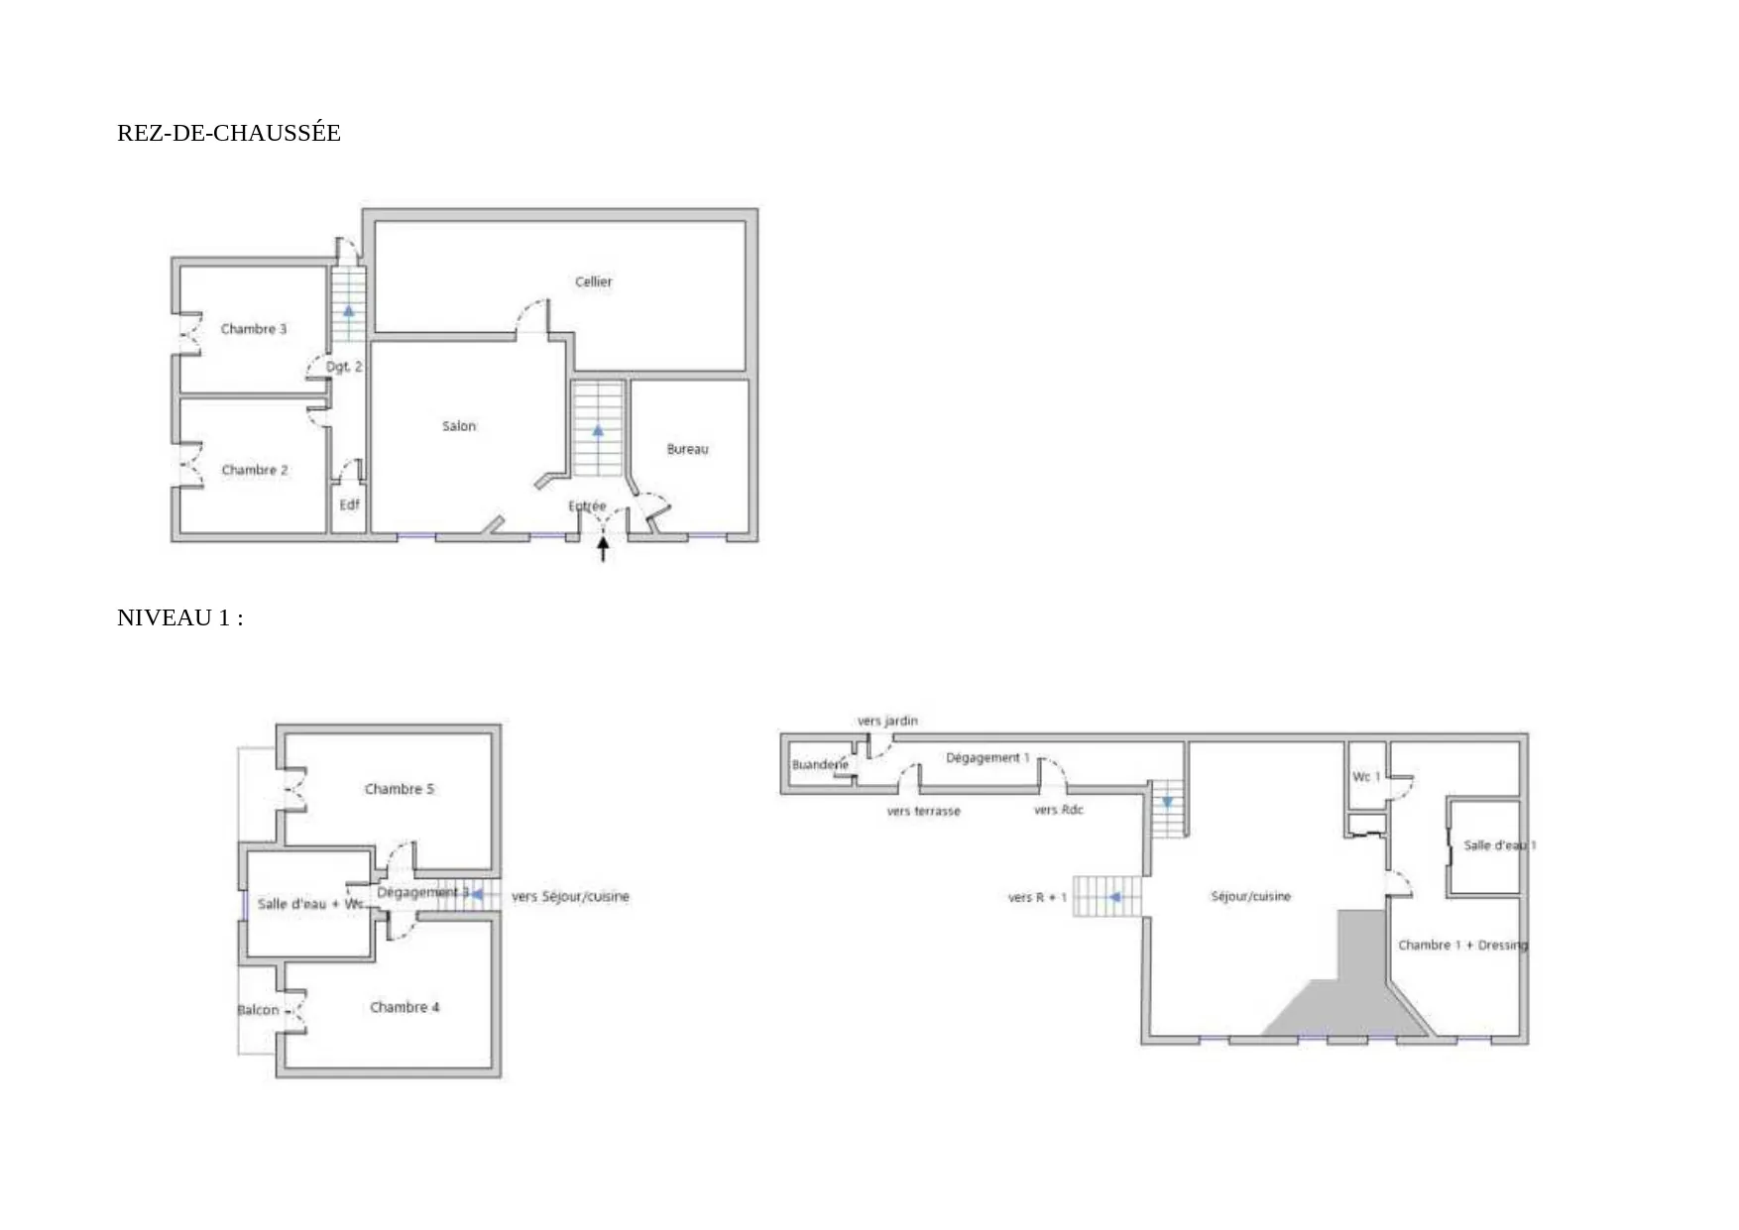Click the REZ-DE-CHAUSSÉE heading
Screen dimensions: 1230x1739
(228, 133)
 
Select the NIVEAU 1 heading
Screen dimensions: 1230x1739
(179, 617)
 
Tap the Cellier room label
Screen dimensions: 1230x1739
(593, 281)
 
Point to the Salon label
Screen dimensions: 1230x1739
(458, 426)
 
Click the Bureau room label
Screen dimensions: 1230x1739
(687, 449)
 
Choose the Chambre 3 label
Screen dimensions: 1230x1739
(254, 329)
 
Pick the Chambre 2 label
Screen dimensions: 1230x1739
(255, 470)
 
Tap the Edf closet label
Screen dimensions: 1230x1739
(349, 504)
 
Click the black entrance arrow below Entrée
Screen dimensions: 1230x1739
(603, 548)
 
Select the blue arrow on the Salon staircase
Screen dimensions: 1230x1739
(598, 431)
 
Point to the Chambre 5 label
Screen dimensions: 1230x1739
(399, 789)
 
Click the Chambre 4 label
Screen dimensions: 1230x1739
(405, 1007)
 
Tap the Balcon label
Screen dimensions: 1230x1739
(258, 1010)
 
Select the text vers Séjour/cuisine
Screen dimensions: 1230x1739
(570, 897)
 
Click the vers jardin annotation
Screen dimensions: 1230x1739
(887, 721)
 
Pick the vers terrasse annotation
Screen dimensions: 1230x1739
(923, 811)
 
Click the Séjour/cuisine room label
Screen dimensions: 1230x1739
(1250, 896)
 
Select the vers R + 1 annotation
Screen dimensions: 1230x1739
(1037, 897)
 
